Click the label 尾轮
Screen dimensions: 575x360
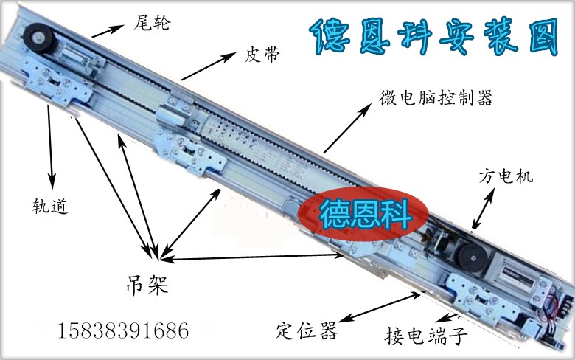point(152,23)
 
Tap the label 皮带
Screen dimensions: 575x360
point(262,55)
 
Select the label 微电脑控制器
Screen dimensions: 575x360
point(436,97)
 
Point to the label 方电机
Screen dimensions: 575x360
point(506,176)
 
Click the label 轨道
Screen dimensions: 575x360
point(50,206)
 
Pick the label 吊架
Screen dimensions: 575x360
point(147,285)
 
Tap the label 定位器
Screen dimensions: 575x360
point(307,330)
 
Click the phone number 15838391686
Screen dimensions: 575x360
point(123,330)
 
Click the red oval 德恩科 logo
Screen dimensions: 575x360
point(363,214)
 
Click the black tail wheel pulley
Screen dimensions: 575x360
point(38,38)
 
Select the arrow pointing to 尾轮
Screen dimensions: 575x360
point(108,31)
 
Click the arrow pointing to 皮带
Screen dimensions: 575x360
point(209,66)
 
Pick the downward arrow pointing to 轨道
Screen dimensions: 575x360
point(50,147)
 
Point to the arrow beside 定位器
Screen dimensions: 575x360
point(379,307)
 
